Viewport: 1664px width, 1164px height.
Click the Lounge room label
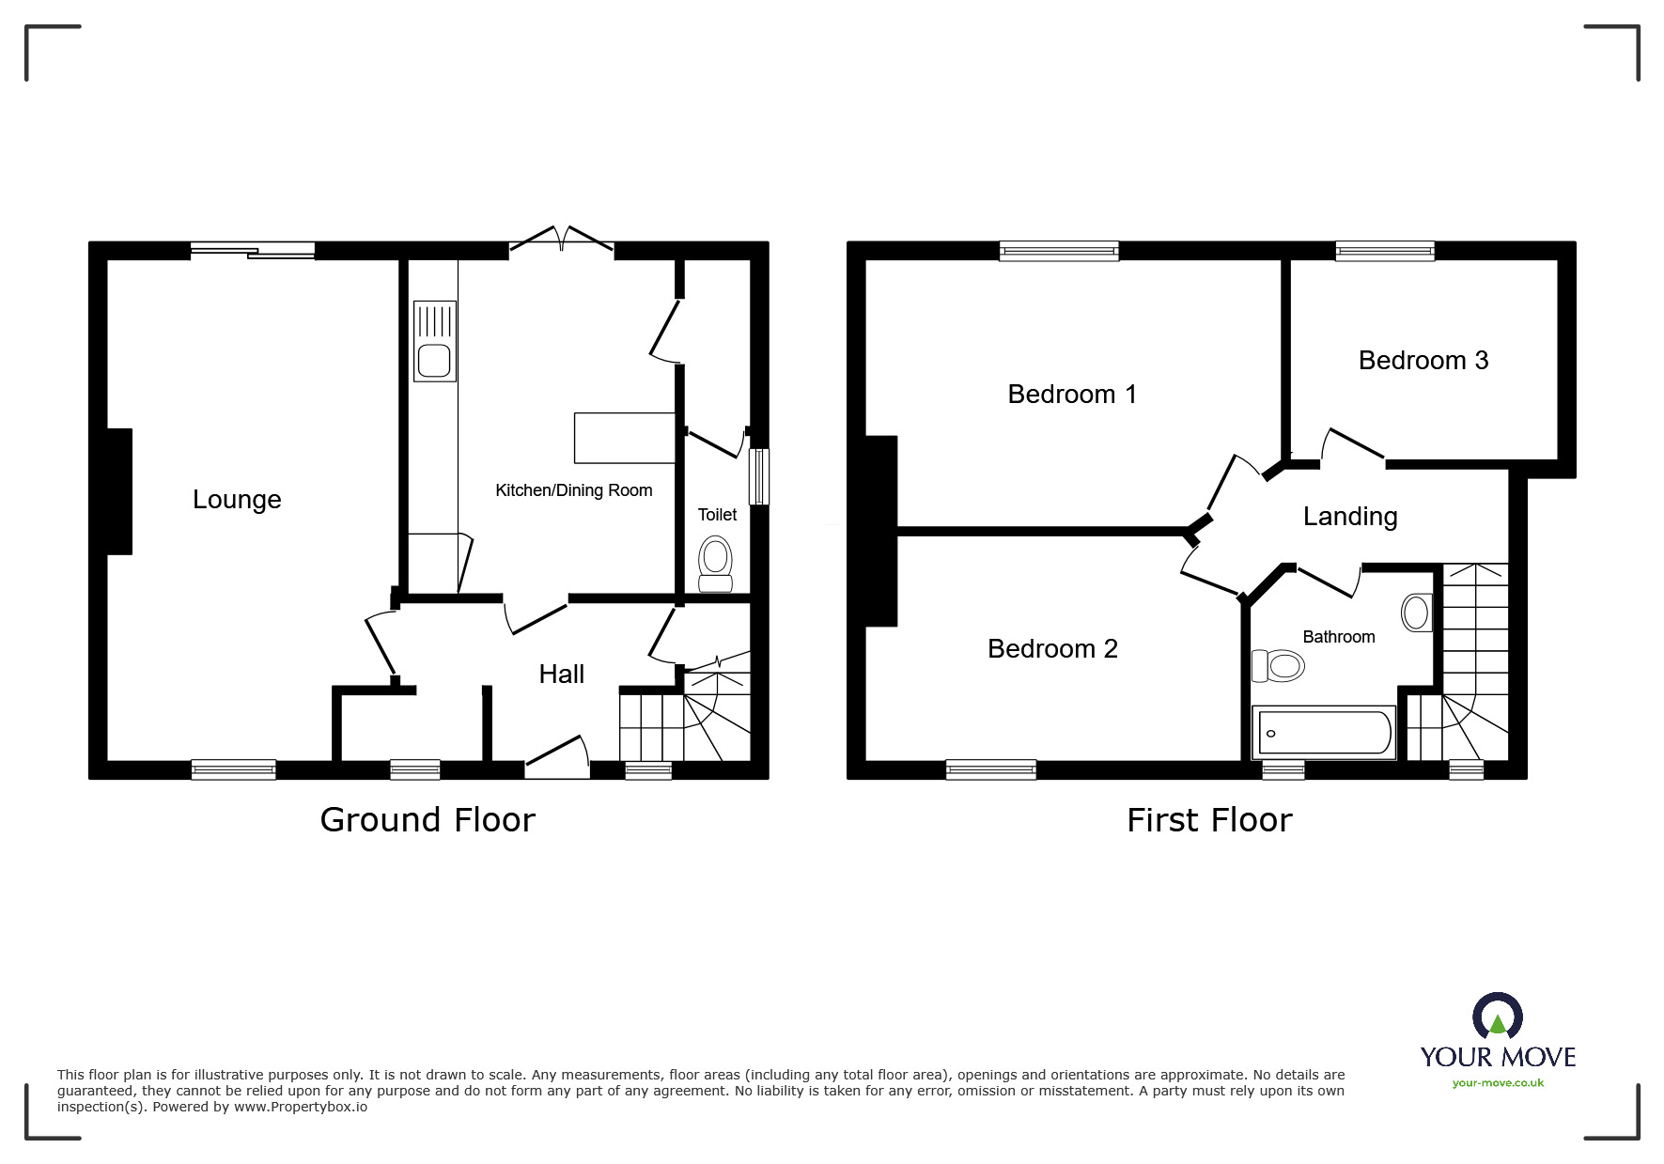click(x=237, y=500)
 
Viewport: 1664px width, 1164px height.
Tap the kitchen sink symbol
click(x=434, y=341)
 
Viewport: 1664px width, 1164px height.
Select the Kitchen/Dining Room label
click(x=573, y=490)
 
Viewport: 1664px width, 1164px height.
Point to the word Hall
click(x=561, y=674)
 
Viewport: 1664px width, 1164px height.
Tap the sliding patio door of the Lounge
click(x=253, y=250)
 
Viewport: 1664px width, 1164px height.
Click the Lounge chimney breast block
click(x=119, y=490)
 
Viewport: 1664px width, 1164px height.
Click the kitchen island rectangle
click(x=624, y=438)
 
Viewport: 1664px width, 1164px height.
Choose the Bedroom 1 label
click(x=1071, y=395)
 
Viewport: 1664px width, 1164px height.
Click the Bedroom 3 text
click(x=1423, y=361)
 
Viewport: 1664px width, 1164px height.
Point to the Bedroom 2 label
click(x=1052, y=649)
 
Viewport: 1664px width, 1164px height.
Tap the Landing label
click(x=1349, y=517)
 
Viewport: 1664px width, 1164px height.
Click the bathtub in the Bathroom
click(x=1323, y=733)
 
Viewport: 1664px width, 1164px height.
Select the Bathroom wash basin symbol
click(x=1416, y=613)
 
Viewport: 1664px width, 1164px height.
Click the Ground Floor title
click(x=428, y=820)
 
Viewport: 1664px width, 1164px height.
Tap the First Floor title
click(x=1208, y=820)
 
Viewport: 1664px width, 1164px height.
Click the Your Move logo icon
click(x=1497, y=1017)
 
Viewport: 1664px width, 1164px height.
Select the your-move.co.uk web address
click(x=1498, y=1083)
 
